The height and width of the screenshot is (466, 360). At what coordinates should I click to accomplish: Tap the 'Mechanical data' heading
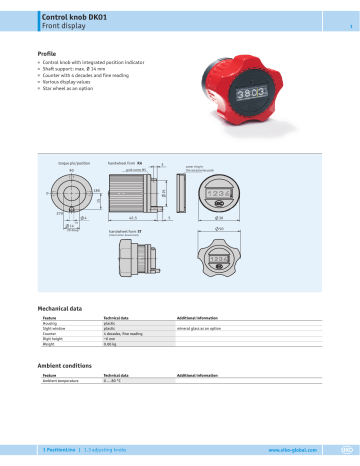coord(65,310)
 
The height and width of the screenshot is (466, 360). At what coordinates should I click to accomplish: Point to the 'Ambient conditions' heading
coord(70,367)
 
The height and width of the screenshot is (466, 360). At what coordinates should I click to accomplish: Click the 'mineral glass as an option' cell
coord(206,327)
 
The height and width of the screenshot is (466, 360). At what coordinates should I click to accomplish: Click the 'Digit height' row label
coord(54,338)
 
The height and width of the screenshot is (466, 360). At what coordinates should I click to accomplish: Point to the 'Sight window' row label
coord(55,327)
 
